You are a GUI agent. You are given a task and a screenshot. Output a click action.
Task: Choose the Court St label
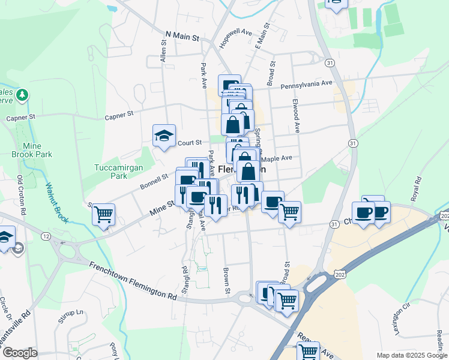189,143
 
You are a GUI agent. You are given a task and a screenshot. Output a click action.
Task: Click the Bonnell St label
155,178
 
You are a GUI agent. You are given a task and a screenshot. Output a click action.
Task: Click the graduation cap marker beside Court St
163,136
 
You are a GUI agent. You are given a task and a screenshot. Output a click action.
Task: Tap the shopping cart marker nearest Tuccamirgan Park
103,214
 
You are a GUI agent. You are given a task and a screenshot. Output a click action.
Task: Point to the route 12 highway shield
46,237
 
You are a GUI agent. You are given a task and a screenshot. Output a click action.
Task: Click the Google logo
20,353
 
